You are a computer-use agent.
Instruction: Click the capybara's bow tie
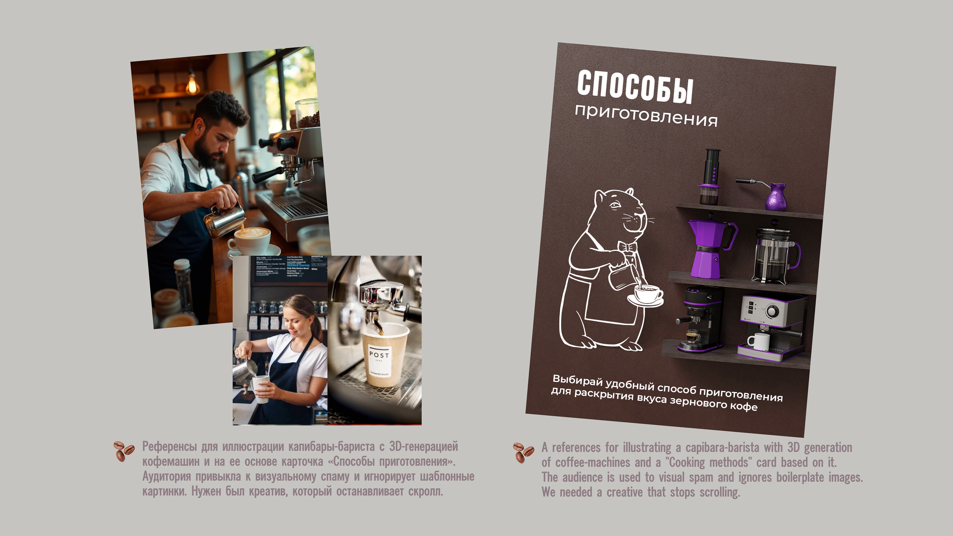point(626,247)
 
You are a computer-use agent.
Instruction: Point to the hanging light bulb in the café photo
point(192,85)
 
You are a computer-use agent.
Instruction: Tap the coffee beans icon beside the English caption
point(523,452)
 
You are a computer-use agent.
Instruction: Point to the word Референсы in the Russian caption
point(170,446)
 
